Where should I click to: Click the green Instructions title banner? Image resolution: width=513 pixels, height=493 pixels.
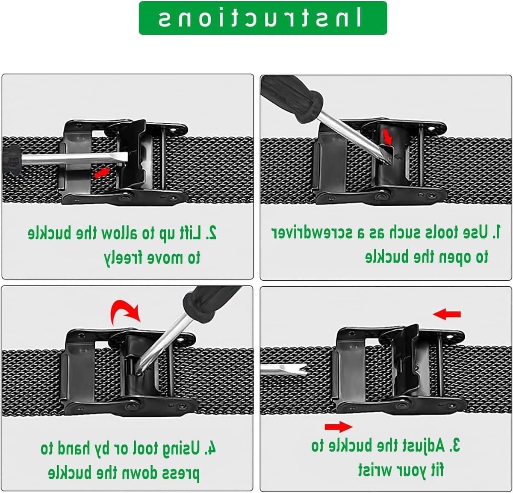263,18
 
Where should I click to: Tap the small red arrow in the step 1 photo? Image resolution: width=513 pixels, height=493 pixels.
387,136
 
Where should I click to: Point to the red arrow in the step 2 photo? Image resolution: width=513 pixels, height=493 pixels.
102,173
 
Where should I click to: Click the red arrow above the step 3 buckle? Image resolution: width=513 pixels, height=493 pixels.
447,314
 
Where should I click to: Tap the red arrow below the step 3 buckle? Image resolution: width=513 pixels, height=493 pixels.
339,427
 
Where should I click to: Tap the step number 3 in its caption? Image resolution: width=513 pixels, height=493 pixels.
455,445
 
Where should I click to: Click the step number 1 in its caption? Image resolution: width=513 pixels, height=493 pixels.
497,232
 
